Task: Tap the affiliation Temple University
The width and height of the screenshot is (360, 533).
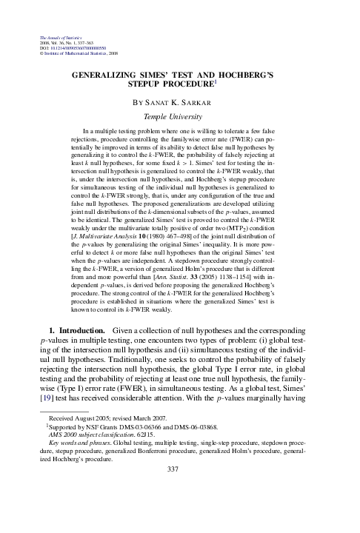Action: [180, 116]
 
